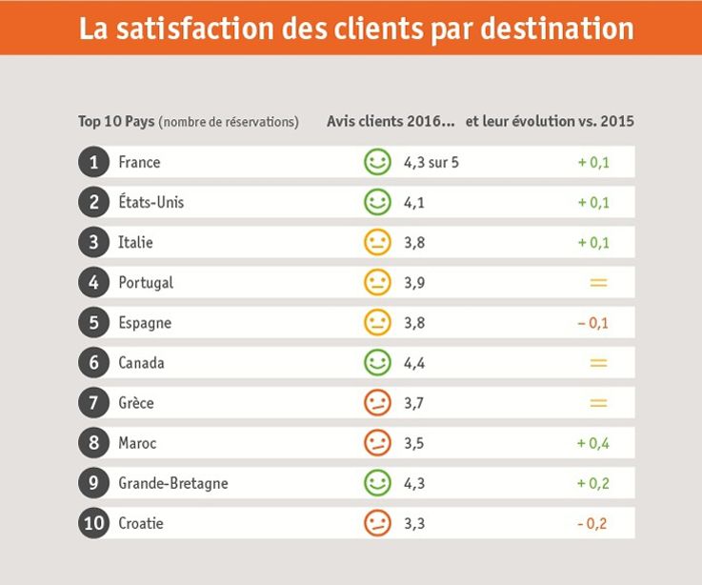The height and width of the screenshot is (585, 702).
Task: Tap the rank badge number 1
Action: click(x=93, y=162)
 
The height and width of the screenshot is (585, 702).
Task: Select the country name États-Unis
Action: click(x=150, y=202)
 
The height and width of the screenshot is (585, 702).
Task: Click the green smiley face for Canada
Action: click(x=378, y=362)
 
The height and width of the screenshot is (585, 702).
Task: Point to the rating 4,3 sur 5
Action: click(x=431, y=162)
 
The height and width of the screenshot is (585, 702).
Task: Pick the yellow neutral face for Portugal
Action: click(x=378, y=282)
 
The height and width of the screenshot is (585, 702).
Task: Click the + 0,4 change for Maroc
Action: click(x=592, y=443)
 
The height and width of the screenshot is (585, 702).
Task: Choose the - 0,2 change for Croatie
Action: click(x=592, y=523)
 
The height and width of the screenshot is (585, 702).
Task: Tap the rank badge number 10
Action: click(x=93, y=523)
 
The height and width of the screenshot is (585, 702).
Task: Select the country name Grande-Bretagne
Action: click(x=172, y=483)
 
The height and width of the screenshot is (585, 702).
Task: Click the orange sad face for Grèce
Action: click(x=378, y=402)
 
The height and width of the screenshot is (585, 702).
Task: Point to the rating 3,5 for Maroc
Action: click(x=414, y=443)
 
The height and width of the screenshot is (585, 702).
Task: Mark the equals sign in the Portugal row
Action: click(x=598, y=282)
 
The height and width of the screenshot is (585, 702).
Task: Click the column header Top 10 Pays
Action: click(x=116, y=122)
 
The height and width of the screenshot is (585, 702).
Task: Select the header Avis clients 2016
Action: click(x=391, y=122)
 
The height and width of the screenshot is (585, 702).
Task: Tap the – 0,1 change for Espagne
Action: click(x=592, y=322)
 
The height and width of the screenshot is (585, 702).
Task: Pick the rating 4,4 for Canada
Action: click(x=414, y=362)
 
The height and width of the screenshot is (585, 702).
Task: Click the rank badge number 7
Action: click(x=93, y=402)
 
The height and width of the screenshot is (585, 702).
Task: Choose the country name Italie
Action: click(x=135, y=242)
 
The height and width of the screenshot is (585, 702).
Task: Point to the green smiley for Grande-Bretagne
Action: click(x=378, y=483)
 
